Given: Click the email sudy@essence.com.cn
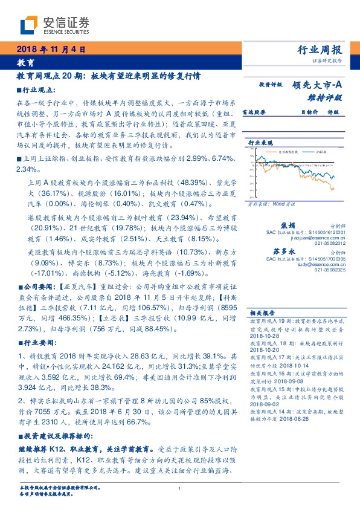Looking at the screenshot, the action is pos(318,265).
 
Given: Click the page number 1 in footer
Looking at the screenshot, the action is pos(180,488).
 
